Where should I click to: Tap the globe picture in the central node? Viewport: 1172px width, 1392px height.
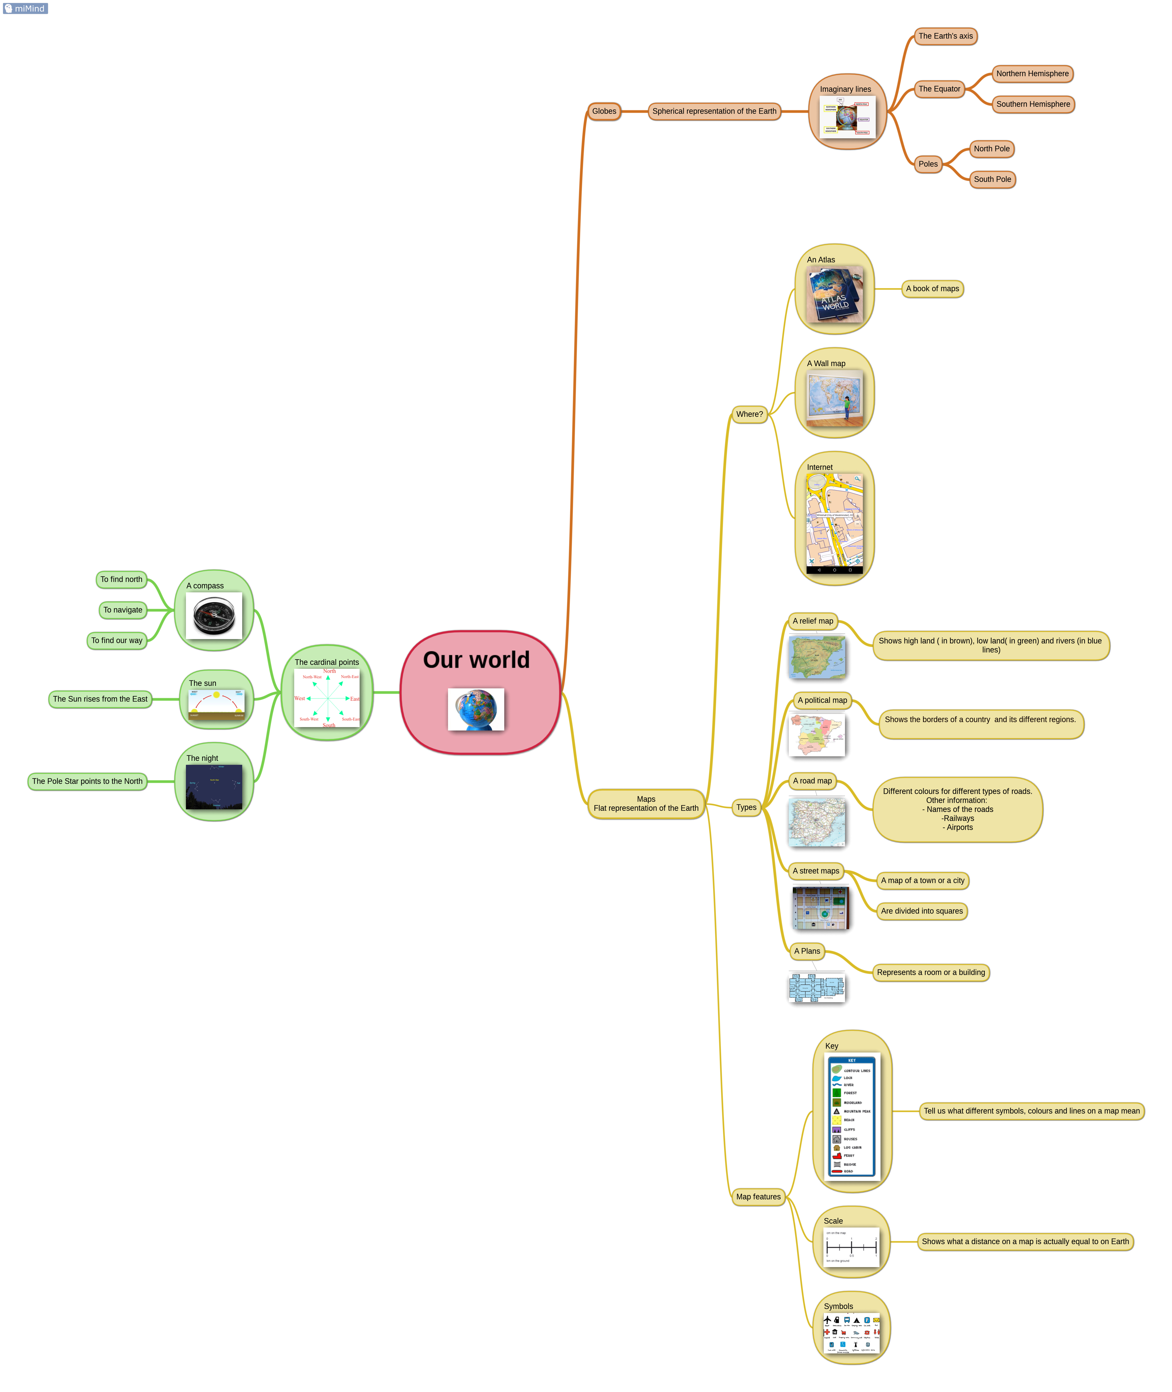click(x=476, y=709)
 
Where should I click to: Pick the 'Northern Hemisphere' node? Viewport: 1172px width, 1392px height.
click(x=1032, y=74)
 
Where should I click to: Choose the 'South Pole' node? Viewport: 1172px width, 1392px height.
click(x=992, y=179)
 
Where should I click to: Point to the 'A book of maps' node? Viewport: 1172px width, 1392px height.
click(x=932, y=289)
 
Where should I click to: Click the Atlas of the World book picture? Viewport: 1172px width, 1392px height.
click(x=834, y=294)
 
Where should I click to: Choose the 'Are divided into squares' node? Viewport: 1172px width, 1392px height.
click(x=921, y=911)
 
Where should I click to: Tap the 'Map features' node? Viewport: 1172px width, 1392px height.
click(x=758, y=1197)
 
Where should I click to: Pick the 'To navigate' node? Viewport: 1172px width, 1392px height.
click(x=123, y=610)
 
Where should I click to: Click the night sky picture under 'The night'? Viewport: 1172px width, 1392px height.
click(x=214, y=787)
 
